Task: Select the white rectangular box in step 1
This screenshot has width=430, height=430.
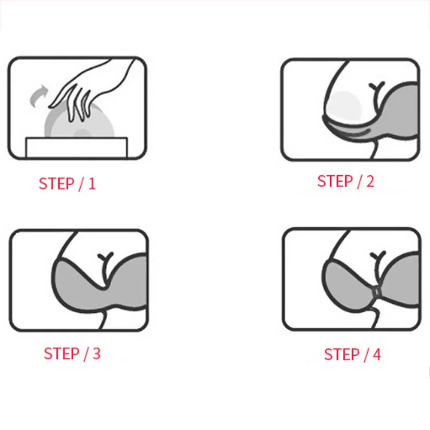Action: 77,147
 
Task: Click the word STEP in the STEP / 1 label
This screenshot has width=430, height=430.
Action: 56,183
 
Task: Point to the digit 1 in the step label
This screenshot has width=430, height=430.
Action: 92,184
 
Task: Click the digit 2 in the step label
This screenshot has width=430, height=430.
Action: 370,181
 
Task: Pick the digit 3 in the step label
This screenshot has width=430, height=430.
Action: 97,353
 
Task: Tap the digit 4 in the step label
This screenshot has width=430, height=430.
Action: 377,354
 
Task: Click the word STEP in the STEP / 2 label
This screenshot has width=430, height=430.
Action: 335,181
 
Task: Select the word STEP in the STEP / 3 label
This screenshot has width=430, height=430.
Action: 61,353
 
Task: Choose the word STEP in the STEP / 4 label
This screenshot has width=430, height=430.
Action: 342,354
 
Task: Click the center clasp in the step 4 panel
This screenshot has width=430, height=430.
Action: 377,291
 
